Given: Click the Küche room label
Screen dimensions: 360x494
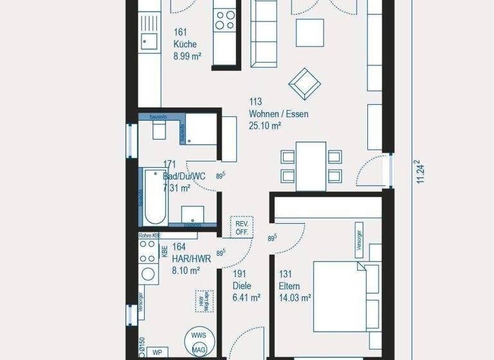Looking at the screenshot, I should (185, 44).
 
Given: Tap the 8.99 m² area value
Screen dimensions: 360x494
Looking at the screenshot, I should (187, 56).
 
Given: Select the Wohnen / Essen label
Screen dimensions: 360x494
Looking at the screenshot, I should (279, 114).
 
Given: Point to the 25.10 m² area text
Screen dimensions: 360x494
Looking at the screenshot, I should (265, 126).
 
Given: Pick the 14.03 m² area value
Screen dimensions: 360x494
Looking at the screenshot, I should (295, 298).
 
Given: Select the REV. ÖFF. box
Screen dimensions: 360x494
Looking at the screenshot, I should (242, 228).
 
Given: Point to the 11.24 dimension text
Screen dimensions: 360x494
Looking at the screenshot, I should (421, 173).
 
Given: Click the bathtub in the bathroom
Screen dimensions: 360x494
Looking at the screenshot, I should (155, 195).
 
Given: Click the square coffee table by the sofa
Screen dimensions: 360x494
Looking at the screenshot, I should (309, 32).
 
